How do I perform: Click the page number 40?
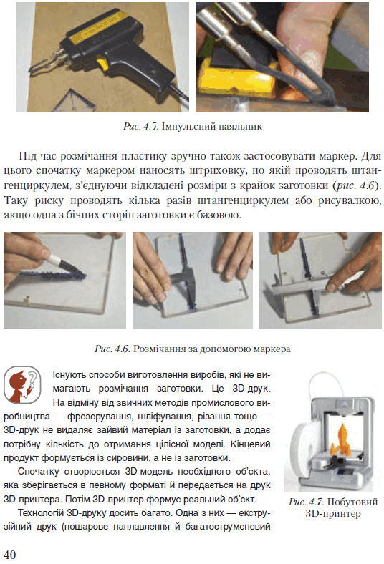coord(10,554)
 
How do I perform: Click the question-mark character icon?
coord(22,384)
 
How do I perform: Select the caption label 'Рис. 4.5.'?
coord(140,126)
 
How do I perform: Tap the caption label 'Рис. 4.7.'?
coord(306,502)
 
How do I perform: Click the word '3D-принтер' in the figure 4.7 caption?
coord(333,513)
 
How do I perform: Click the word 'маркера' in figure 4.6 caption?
coord(272,349)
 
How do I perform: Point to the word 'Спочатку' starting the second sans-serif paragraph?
coord(38,472)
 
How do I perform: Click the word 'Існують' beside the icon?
coord(69,375)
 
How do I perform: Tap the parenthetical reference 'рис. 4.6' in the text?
coord(355,185)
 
